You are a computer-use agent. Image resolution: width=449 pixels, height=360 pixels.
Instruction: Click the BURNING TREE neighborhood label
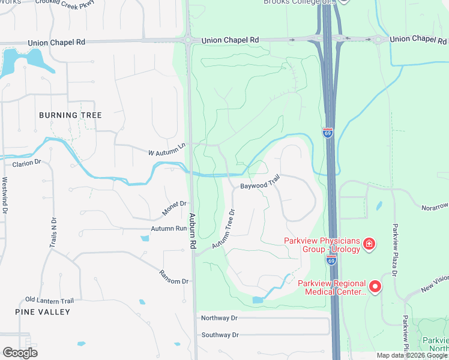tap(70, 115)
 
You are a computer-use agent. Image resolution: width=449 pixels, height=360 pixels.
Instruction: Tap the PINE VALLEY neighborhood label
tap(43, 312)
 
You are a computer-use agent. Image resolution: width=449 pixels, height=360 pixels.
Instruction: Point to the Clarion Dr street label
tap(26, 163)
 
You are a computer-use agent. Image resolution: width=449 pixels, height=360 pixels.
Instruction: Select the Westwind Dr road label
tap(5, 196)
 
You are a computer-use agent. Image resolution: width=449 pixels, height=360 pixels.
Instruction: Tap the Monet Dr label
tap(175, 209)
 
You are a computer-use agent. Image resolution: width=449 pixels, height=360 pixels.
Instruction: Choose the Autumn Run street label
tap(169, 229)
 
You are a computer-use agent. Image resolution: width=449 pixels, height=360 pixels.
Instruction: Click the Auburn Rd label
tap(193, 232)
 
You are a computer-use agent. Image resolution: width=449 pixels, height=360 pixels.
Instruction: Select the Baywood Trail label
tap(261, 185)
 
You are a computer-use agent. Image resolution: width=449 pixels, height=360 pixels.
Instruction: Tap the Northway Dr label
tap(220, 317)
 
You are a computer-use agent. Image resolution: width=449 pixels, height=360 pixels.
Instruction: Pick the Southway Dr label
tap(220, 335)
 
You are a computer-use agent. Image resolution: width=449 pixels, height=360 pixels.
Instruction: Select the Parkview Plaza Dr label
tap(395, 250)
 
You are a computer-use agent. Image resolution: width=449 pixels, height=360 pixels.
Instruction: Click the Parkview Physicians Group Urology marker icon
tap(369, 244)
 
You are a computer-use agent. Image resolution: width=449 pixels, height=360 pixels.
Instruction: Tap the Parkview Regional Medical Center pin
tap(375, 286)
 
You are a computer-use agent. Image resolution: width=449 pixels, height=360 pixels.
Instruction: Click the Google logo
tap(20, 353)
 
